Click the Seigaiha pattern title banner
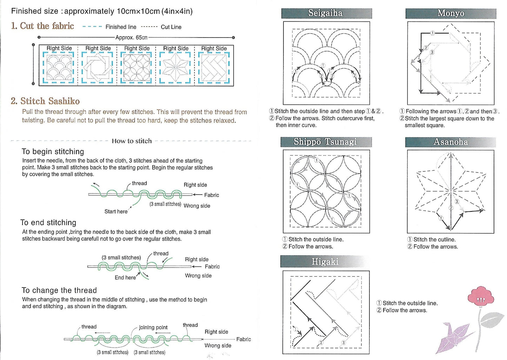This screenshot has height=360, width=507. pyautogui.click(x=326, y=13)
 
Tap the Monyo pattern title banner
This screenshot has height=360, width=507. pyautogui.click(x=451, y=13)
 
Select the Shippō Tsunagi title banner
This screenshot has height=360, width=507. pyautogui.click(x=326, y=142)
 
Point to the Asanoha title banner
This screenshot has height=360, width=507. pyautogui.click(x=451, y=142)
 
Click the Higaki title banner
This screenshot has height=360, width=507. pyautogui.click(x=325, y=261)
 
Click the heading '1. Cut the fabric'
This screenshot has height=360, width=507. pyautogui.click(x=42, y=26)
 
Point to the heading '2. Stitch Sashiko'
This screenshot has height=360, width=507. pyautogui.click(x=45, y=101)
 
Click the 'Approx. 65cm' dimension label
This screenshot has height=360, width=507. pyautogui.click(x=131, y=38)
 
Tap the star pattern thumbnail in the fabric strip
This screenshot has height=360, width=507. pyautogui.click(x=175, y=68)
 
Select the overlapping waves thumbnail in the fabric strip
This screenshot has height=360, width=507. pyautogui.click(x=59, y=68)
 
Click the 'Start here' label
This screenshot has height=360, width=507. pyautogui.click(x=116, y=211)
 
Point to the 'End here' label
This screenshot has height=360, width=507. pyautogui.click(x=125, y=278)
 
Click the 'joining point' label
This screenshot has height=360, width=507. pyautogui.click(x=153, y=327)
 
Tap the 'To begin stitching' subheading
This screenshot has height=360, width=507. pyautogui.click(x=53, y=151)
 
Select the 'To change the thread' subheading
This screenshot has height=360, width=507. pyautogui.click(x=59, y=290)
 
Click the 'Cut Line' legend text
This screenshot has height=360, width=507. pyautogui.click(x=171, y=27)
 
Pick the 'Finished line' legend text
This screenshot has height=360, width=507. pyautogui.click(x=121, y=27)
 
